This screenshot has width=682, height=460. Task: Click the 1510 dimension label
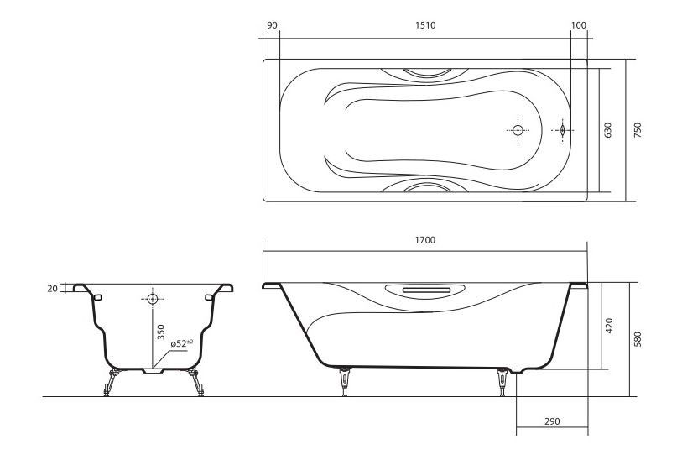click(x=425, y=25)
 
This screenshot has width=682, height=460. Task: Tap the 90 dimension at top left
click(x=272, y=25)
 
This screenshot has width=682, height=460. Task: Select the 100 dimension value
click(x=579, y=25)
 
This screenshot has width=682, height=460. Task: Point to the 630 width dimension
click(x=607, y=130)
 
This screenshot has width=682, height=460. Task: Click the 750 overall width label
click(x=638, y=130)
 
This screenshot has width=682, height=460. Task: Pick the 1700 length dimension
click(x=425, y=240)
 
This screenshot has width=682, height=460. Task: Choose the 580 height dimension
click(x=638, y=339)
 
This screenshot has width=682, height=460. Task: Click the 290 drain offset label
click(x=552, y=421)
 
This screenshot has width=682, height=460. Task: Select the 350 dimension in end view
click(x=161, y=332)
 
